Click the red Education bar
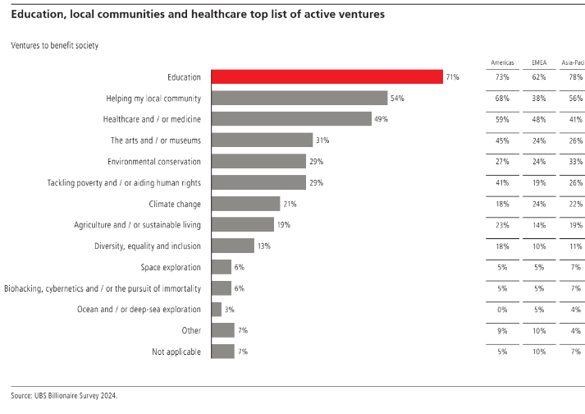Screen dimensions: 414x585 coord(327,77)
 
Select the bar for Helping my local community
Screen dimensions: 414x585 coord(299,98)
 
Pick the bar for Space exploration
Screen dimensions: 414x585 coord(222,267)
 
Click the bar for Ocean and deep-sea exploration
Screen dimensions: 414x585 coord(217,309)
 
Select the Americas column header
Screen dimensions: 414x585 coord(502,62)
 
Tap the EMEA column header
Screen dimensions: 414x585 coord(538,62)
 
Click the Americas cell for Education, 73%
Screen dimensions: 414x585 coord(502,77)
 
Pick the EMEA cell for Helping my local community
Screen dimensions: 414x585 coord(538,98)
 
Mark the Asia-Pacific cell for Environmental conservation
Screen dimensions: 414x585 coord(574,162)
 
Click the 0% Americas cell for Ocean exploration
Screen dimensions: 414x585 coord(502,309)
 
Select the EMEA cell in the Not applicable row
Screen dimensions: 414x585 coord(538,352)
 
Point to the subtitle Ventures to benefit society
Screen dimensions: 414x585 coord(54,45)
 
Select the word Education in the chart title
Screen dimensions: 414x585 coord(40,15)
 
